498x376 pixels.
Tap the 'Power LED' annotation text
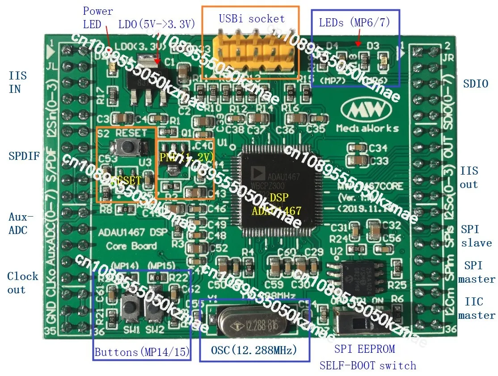click(97, 17)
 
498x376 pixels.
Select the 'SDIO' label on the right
click(475, 84)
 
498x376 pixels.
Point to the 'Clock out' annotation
click(22, 283)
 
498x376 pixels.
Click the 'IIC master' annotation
click(477, 309)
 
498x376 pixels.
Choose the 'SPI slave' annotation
click(476, 236)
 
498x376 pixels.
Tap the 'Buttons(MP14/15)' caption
click(142, 352)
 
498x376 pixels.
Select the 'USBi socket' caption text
click(251, 19)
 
